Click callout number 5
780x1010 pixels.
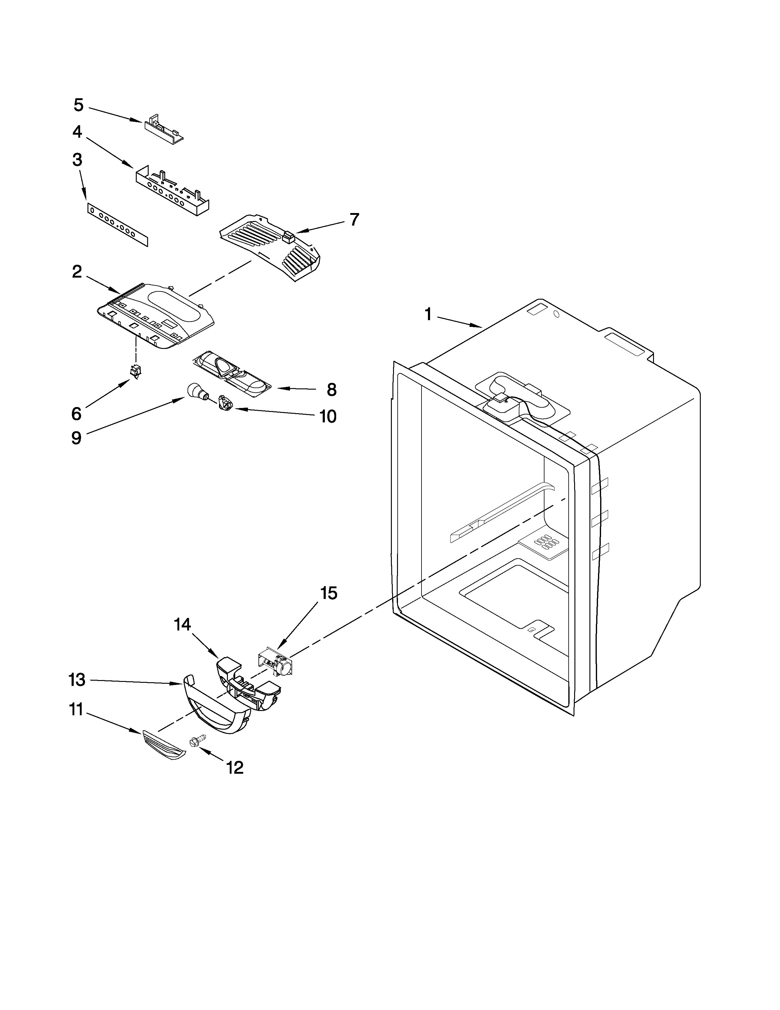tap(79, 106)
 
